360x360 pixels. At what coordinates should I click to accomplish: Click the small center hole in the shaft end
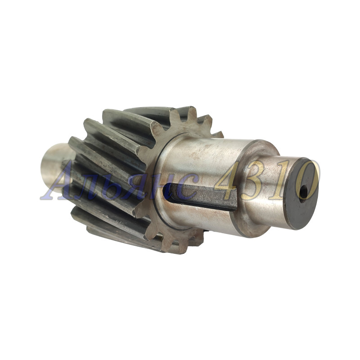(303, 193)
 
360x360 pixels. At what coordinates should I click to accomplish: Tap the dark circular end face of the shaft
(301, 193)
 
